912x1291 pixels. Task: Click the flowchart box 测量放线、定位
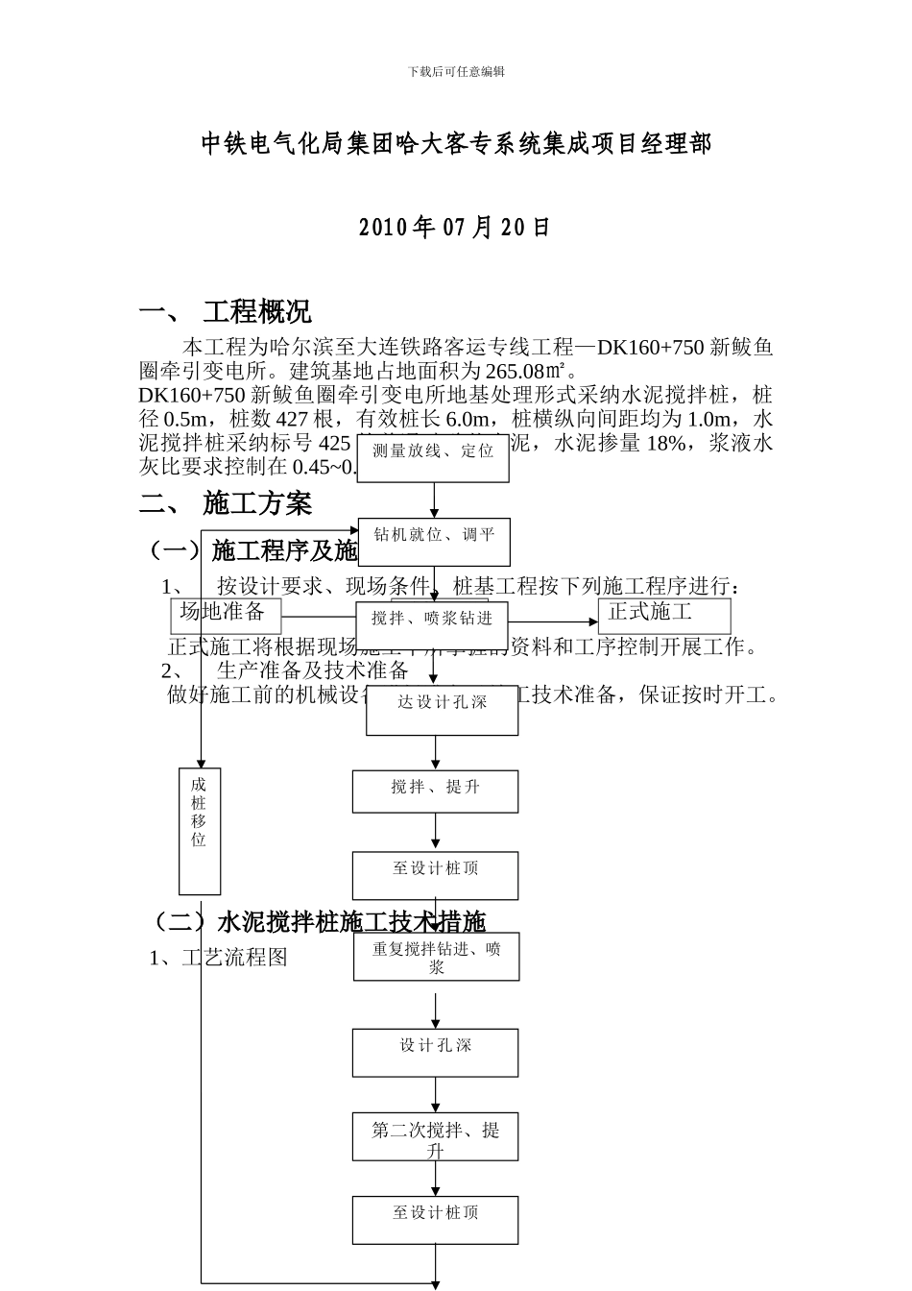coord(433,451)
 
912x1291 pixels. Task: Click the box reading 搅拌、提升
coord(435,790)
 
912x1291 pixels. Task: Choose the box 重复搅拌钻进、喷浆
coord(436,958)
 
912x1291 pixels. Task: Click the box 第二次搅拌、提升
coord(435,1135)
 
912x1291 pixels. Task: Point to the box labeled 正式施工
coord(662,614)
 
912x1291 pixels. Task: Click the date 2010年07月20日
coord(455,228)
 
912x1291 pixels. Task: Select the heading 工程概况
coord(256,312)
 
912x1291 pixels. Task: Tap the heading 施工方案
coord(256,502)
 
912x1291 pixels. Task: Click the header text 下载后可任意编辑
coord(456,72)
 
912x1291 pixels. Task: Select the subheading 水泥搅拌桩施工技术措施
coord(350,923)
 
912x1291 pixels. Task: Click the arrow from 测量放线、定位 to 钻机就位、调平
coord(434,499)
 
